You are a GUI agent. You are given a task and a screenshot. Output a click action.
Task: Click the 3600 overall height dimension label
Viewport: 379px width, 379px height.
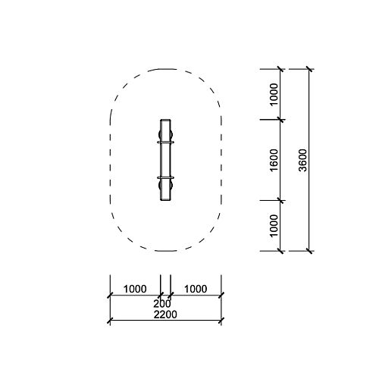coord(302,160)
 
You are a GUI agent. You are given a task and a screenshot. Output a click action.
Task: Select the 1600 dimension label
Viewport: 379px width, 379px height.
coord(274,160)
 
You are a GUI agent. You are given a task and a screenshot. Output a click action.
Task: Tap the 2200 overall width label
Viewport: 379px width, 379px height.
coord(165,315)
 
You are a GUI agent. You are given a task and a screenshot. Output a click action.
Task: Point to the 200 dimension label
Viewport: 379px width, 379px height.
coord(162,304)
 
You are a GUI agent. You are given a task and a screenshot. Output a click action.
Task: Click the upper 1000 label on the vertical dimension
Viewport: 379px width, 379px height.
coord(274,95)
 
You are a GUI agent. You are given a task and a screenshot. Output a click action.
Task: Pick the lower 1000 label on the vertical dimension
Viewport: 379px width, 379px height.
coord(274,226)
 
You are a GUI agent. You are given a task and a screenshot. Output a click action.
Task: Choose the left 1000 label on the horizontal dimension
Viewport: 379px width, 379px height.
coord(135,289)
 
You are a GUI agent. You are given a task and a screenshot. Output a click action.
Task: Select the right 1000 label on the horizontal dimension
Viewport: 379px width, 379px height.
coord(196,289)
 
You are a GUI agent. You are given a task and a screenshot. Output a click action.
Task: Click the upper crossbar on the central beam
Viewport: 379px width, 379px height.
coord(165,143)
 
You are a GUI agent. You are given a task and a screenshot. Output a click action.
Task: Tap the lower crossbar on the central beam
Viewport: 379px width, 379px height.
coord(165,178)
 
